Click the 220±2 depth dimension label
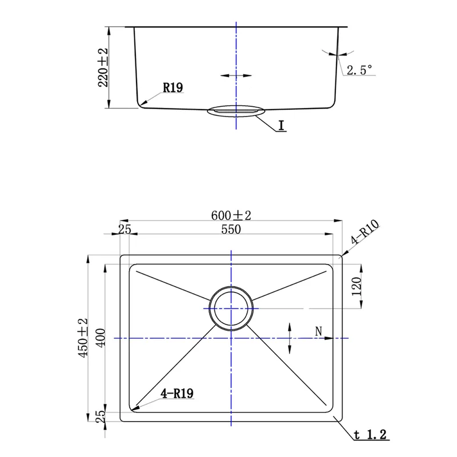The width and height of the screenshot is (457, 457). (103, 67)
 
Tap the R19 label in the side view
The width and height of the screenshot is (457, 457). (173, 87)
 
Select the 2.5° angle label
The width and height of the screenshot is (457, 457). (359, 70)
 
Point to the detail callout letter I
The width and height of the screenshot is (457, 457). (281, 125)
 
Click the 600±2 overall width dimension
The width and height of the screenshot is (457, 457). (231, 215)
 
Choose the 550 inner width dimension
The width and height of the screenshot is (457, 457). (231, 230)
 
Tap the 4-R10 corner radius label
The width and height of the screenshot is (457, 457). (364, 232)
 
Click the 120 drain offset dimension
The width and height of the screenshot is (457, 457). (356, 286)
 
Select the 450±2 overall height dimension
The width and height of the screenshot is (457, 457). (82, 338)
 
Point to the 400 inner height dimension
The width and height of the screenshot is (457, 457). (101, 338)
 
